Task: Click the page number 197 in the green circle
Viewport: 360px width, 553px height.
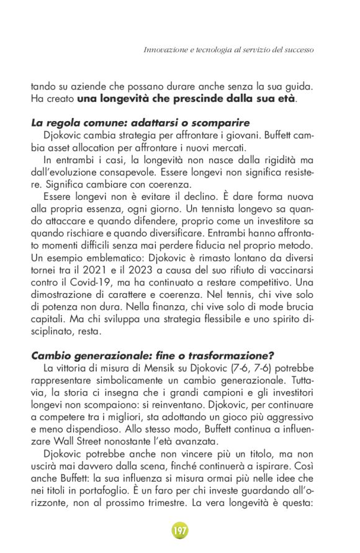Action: coord(179,531)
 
